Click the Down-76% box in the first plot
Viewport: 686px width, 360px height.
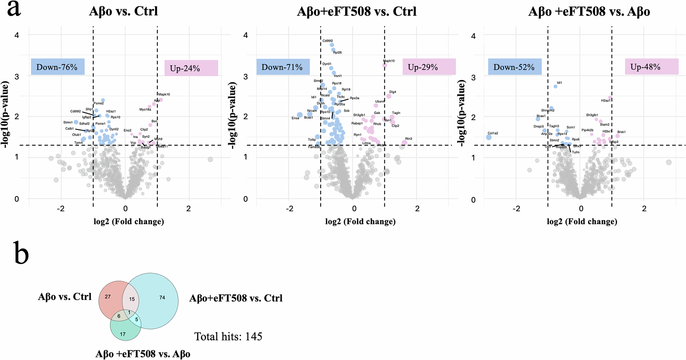tap(57, 67)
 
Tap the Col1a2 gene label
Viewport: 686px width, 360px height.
tap(493, 133)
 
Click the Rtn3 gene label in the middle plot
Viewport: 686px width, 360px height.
tap(409, 139)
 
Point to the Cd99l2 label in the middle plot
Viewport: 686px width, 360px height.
tap(328, 41)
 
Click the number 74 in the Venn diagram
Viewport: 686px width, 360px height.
tap(162, 298)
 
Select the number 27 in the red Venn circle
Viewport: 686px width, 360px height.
tap(108, 297)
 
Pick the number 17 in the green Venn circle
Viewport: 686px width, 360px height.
tap(123, 334)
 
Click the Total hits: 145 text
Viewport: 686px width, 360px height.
tap(228, 336)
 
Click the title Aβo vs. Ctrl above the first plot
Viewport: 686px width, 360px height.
tap(123, 11)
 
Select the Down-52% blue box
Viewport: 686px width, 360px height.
tap(514, 67)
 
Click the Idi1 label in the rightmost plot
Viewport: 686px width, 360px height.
tap(559, 83)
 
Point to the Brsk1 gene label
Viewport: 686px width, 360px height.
tap(621, 132)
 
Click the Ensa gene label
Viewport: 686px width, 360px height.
tap(295, 118)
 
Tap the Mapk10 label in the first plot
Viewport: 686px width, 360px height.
tap(164, 94)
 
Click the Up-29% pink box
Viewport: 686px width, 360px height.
tap(429, 67)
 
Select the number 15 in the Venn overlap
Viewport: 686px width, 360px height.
tap(132, 299)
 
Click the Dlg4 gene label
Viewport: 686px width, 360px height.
tap(393, 92)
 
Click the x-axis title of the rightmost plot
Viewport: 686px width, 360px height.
tap(582, 222)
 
